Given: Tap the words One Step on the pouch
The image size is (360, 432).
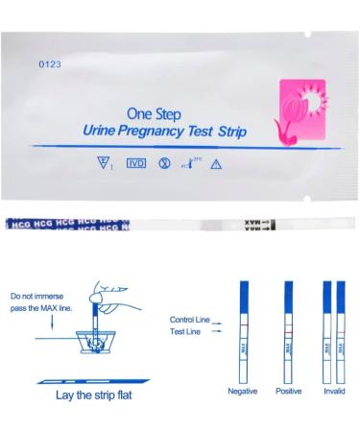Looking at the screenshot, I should (155, 110).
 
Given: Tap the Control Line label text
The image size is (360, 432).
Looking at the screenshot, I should (192, 318).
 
